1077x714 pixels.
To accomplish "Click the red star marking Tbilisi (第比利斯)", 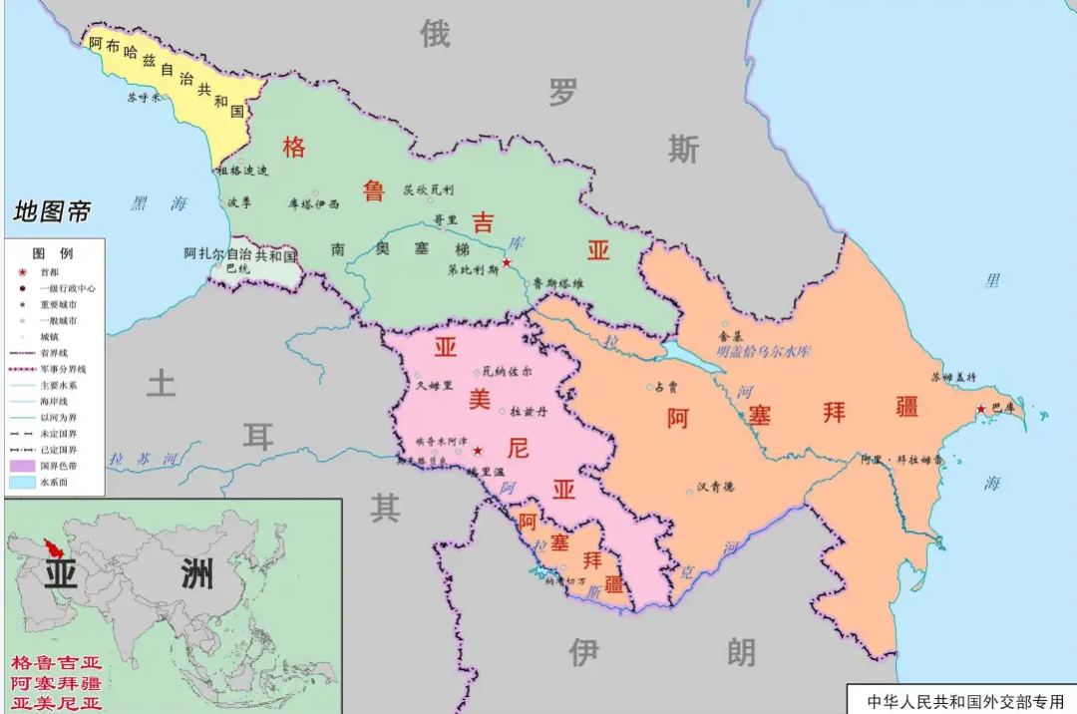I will (x=507, y=262).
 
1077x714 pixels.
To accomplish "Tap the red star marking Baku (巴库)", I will (x=982, y=409).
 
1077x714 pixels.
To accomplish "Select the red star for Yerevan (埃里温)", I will (x=477, y=451).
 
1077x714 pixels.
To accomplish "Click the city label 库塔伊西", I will (x=313, y=203).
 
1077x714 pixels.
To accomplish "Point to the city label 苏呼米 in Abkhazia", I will (x=143, y=98).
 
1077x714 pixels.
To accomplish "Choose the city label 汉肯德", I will (x=715, y=487).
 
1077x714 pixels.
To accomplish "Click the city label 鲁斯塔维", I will (x=557, y=282).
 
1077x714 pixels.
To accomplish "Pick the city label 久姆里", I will (x=435, y=385).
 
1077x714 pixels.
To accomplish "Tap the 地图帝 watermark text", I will (x=52, y=211).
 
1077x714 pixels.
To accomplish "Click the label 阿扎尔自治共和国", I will (x=240, y=254).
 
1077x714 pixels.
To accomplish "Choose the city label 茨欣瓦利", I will (x=428, y=189).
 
